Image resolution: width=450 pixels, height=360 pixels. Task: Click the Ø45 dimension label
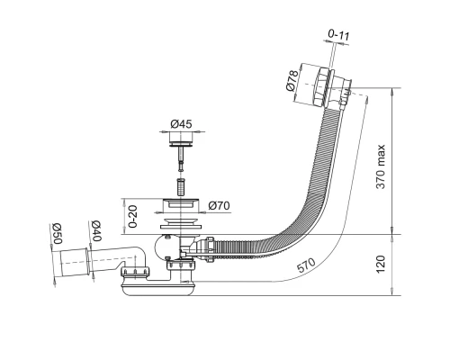[x=181, y=124]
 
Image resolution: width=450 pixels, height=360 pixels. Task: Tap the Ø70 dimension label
[x=220, y=206]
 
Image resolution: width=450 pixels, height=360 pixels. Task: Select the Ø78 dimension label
[x=292, y=80]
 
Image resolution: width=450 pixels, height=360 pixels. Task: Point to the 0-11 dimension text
[x=338, y=35]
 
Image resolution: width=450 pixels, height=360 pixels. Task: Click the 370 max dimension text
[x=381, y=166]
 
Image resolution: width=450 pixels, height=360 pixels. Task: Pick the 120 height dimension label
[x=381, y=265]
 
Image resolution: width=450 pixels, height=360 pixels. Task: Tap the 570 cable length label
[x=306, y=265]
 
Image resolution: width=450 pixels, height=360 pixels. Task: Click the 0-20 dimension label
[x=132, y=216]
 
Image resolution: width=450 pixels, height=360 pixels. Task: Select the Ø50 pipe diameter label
[x=57, y=233]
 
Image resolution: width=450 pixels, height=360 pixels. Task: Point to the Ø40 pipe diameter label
[x=96, y=231]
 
